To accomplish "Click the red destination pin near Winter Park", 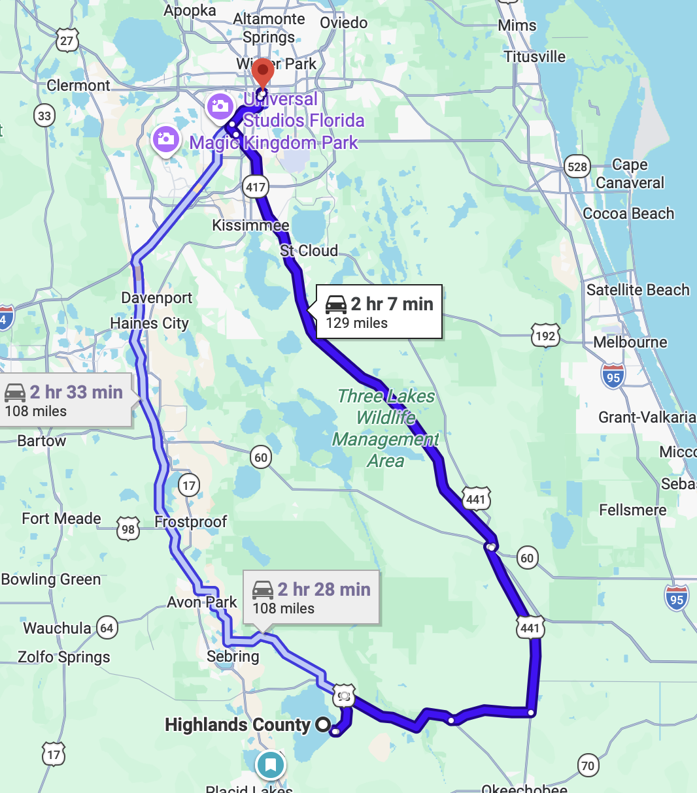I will click(262, 71).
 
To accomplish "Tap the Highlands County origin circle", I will click(322, 724).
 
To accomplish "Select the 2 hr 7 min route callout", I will click(379, 312).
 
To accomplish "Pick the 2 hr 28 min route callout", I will click(311, 598).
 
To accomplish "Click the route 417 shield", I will click(256, 187).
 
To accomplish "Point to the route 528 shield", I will click(577, 167).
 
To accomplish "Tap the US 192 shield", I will click(545, 336).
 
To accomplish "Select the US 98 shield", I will click(128, 529).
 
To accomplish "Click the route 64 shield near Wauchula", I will click(107, 628).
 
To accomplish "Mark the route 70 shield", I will click(588, 766).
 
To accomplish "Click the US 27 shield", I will click(67, 40).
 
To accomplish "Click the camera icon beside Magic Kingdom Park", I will click(166, 140).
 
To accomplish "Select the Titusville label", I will click(534, 57).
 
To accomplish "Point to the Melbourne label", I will click(630, 342).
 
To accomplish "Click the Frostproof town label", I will click(190, 522).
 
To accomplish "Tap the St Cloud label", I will click(309, 251).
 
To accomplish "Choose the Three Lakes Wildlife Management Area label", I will click(386, 428).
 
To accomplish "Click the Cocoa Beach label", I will click(628, 214).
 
